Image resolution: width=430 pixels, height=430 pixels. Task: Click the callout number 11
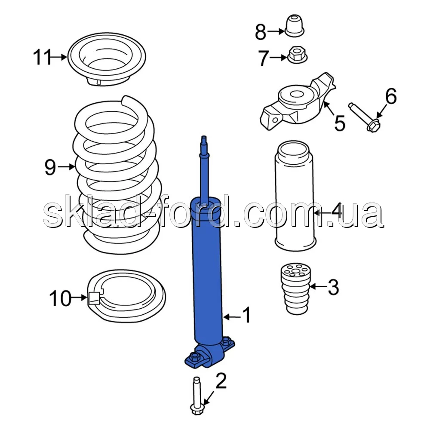42,57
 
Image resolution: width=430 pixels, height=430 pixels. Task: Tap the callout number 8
261,32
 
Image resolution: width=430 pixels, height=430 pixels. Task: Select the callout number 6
391,96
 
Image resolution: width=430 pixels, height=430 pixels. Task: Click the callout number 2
221,381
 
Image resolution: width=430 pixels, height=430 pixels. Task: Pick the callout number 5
340,123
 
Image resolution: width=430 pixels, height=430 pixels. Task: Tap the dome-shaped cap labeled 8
295,26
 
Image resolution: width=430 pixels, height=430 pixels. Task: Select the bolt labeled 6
364,117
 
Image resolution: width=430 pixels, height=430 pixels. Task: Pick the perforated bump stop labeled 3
296,289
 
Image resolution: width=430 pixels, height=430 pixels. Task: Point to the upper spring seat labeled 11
107,59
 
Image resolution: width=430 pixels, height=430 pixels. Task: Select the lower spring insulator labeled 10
127,296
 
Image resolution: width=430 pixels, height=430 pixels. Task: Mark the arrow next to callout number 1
232,317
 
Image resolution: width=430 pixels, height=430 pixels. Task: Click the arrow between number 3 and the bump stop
318,286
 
